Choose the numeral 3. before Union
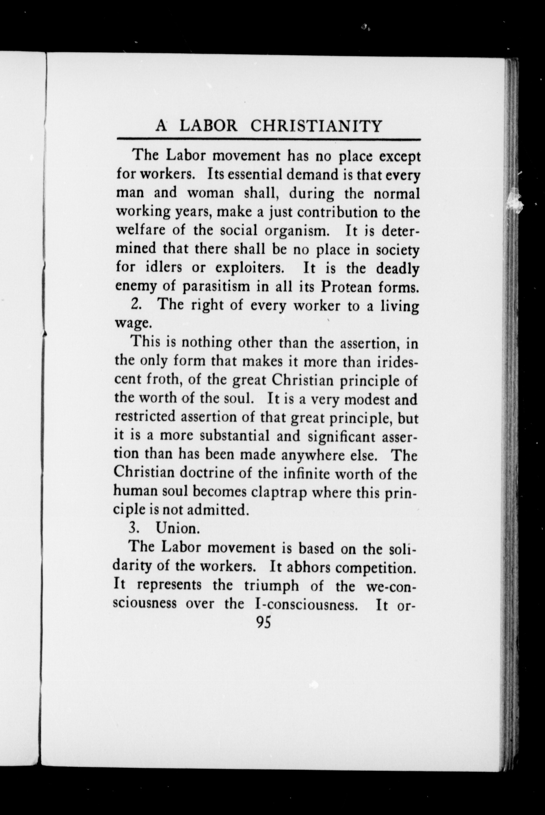tap(134, 529)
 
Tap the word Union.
tap(178, 529)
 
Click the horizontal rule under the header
tap(269, 139)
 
